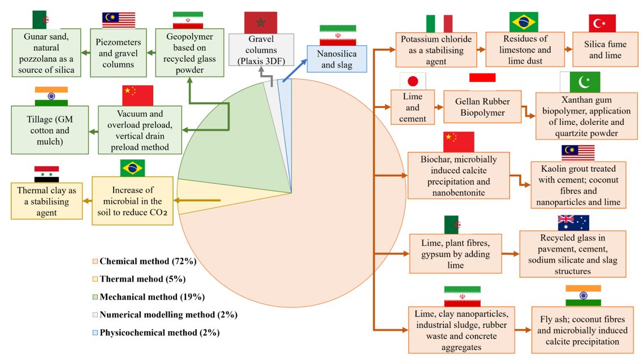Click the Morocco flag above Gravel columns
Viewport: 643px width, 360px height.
260,23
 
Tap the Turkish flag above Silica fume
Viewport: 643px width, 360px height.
602,23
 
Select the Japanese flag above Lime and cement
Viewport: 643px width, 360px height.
412,81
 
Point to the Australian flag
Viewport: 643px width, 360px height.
573,223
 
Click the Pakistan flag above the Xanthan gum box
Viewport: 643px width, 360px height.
580,82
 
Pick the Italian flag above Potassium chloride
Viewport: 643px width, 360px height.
439,24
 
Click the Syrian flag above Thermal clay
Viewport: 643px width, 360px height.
46,174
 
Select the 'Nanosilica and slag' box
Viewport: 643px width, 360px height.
336,59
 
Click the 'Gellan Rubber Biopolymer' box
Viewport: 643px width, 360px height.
482,107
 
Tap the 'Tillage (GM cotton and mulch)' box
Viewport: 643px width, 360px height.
50,130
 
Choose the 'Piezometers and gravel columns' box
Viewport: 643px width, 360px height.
118,53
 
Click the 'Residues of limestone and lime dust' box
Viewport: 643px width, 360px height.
525,50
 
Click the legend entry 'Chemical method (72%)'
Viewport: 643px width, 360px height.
144,261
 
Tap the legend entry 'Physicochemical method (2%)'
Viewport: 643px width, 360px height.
156,332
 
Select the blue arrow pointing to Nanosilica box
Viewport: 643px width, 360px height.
295,70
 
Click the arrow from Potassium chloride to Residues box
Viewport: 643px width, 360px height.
481,50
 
